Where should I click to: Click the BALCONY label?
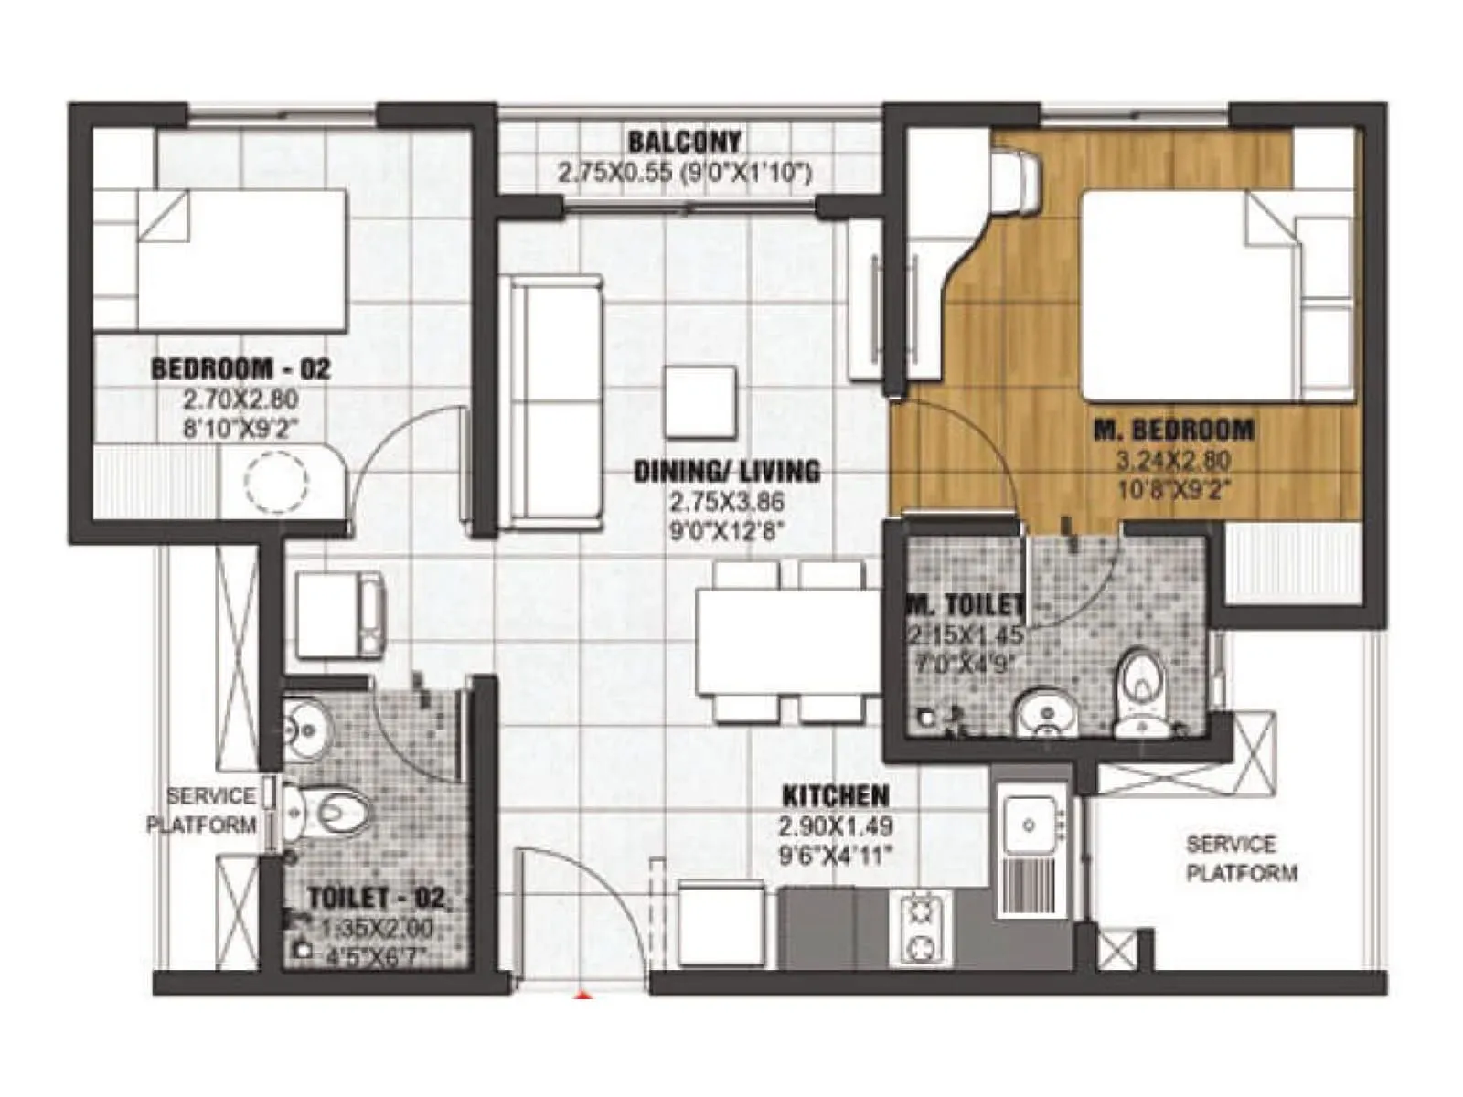pyautogui.click(x=684, y=143)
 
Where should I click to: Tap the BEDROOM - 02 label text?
pyautogui.click(x=240, y=369)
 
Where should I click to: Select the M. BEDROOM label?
pyautogui.click(x=1174, y=430)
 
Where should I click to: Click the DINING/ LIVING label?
pyautogui.click(x=727, y=472)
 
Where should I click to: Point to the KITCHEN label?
pyautogui.click(x=836, y=795)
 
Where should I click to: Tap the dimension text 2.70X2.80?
pyautogui.click(x=240, y=399)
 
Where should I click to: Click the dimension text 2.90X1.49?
pyautogui.click(x=836, y=826)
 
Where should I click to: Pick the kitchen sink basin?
pyautogui.click(x=1029, y=825)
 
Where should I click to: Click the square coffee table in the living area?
pyautogui.click(x=700, y=401)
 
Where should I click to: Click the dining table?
pyautogui.click(x=786, y=642)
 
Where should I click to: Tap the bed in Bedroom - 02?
pyautogui.click(x=242, y=261)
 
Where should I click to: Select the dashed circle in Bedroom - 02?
pyautogui.click(x=276, y=482)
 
